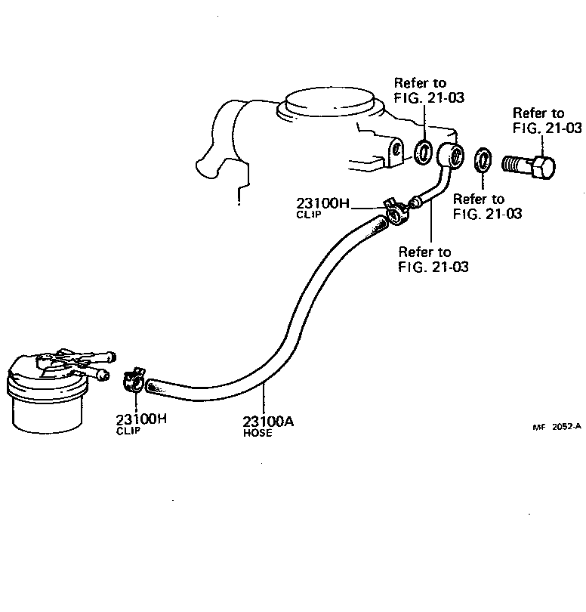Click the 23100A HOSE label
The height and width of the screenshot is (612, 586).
268,426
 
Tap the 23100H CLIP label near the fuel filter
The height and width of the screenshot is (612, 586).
140,424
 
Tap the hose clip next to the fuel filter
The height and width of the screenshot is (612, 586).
134,380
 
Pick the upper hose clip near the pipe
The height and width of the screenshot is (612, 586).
395,214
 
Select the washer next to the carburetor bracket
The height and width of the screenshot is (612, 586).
424,151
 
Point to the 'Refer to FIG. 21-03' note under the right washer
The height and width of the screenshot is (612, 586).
487,206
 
